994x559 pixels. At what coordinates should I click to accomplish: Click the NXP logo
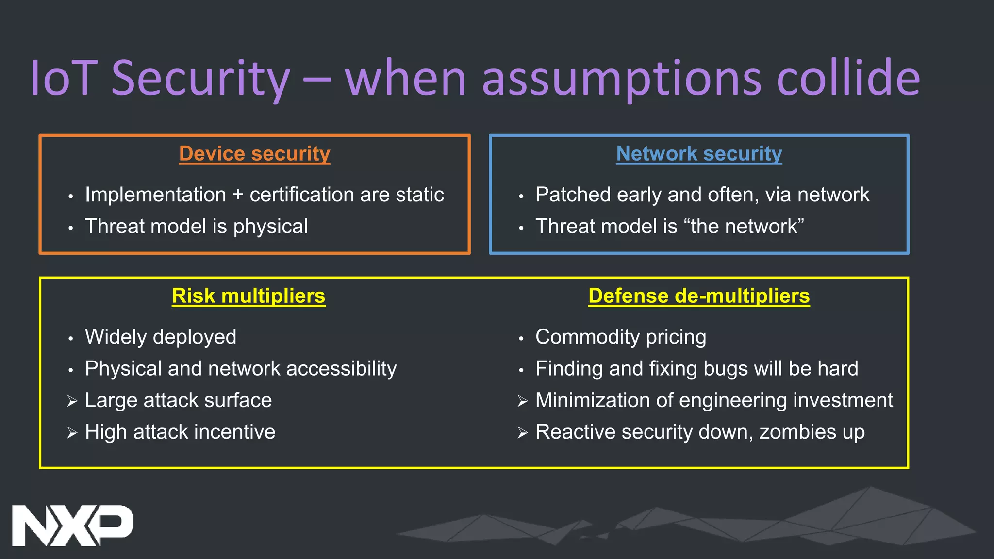click(72, 525)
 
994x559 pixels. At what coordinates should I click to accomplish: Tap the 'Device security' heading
click(254, 154)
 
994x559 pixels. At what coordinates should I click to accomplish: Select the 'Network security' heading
click(699, 154)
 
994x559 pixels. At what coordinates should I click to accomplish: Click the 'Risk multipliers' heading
click(248, 296)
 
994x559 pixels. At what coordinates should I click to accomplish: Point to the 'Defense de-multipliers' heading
click(699, 296)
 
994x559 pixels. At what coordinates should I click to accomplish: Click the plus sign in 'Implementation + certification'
click(238, 195)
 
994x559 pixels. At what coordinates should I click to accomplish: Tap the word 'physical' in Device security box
click(270, 227)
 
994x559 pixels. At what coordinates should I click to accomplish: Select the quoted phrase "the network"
click(743, 227)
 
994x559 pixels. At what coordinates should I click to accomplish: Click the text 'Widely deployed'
click(161, 337)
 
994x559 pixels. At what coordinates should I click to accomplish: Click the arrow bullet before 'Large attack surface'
click(72, 401)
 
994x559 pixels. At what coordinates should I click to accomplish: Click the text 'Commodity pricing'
click(620, 337)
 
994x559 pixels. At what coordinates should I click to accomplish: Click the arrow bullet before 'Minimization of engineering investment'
click(523, 401)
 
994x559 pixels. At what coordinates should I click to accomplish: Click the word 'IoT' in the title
click(63, 78)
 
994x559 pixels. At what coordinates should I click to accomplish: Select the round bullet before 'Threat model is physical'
click(71, 228)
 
